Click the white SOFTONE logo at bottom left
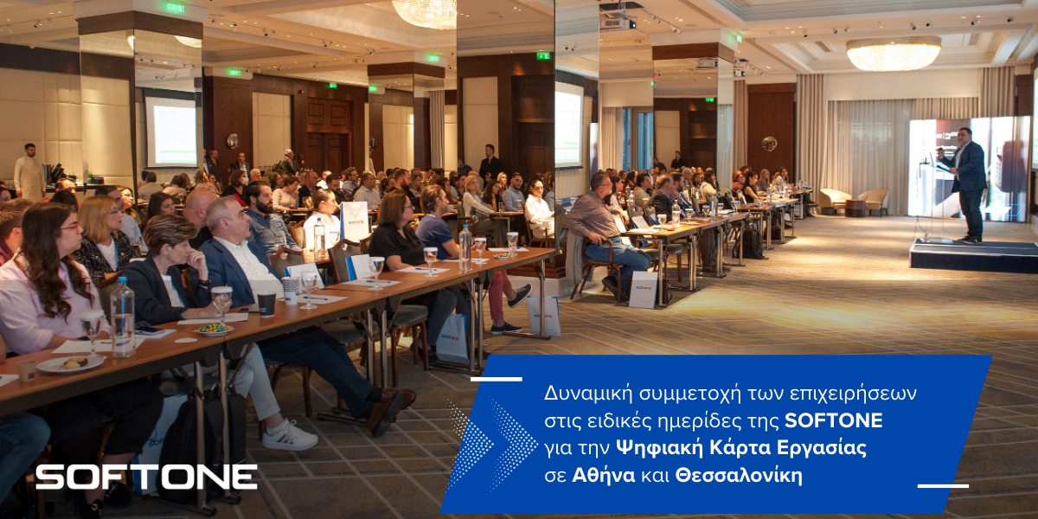(x=146, y=477)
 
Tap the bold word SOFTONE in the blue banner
(x=834, y=420)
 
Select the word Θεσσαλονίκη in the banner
(x=739, y=476)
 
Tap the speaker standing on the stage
(x=968, y=184)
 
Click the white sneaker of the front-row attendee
(x=289, y=436)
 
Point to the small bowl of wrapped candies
(x=215, y=329)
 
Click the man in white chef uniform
(x=29, y=172)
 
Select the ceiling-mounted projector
(x=618, y=18)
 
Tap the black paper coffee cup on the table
(x=266, y=304)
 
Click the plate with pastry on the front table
(x=70, y=364)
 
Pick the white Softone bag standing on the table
(x=355, y=221)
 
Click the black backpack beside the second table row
(x=752, y=244)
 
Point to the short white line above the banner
(x=497, y=379)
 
